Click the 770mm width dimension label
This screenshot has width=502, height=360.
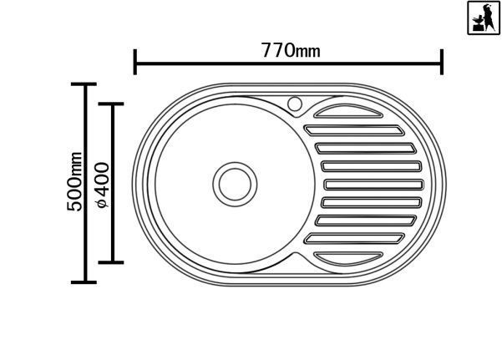point(291,50)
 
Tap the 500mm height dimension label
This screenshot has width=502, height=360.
point(74,181)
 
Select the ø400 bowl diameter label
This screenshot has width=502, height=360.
point(103,185)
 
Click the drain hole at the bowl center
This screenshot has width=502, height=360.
point(235,184)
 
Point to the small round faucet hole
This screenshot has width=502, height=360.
point(295,104)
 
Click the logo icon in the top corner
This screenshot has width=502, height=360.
point(484,18)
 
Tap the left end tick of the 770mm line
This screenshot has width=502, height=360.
point(135,62)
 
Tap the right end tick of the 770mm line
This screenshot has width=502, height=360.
point(442,62)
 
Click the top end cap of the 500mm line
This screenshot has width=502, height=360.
point(84,84)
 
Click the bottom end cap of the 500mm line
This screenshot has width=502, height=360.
point(84,282)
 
